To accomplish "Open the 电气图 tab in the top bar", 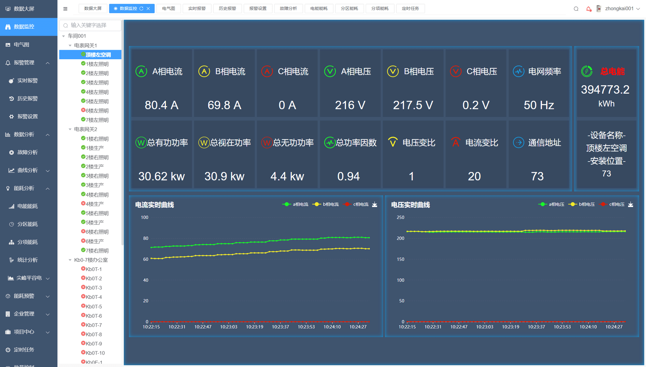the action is [169, 8].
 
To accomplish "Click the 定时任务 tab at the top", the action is [410, 8].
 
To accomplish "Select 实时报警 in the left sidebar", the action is [28, 80].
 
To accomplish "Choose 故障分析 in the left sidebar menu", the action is [28, 152].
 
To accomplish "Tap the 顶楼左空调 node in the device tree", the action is [98, 55].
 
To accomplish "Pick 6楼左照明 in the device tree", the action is [97, 110].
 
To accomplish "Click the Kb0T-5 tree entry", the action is [94, 306].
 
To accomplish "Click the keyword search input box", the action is [90, 25].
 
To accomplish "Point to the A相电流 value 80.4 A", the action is [161, 105].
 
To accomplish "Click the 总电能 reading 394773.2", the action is [605, 90].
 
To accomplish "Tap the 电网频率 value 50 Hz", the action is [539, 105].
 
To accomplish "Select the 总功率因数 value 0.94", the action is [348, 176].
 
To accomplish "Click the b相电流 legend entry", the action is [326, 204].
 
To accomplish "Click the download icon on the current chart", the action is [374, 204].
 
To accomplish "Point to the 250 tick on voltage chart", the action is [400, 217].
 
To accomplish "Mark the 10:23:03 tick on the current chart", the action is [229, 327].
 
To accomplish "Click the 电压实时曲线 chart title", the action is [410, 205].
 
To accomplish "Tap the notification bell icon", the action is [588, 9].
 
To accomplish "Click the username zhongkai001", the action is [619, 8].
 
